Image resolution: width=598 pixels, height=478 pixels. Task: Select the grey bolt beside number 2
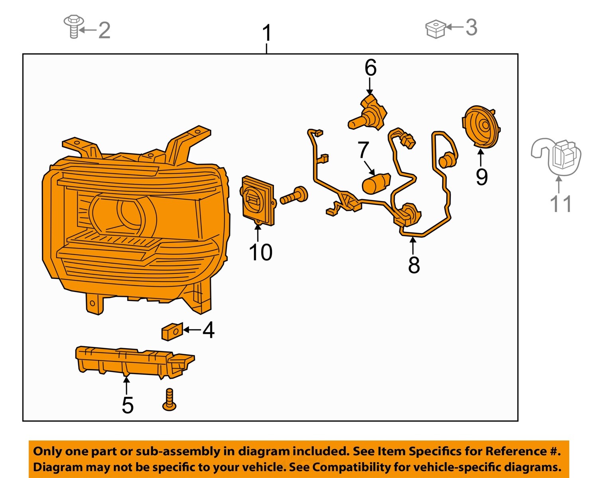(74, 26)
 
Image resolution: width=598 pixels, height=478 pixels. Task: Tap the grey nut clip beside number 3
(435, 29)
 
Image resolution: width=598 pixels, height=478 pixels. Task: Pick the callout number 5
(128, 405)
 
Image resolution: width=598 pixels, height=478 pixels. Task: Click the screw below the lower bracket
(169, 400)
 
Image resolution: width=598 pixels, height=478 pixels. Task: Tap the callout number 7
(363, 151)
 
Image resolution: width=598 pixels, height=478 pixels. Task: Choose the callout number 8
(414, 265)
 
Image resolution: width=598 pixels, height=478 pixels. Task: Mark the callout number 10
(260, 252)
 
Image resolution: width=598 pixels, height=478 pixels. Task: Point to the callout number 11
(560, 204)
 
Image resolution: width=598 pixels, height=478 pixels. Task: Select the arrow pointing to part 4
(192, 330)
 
